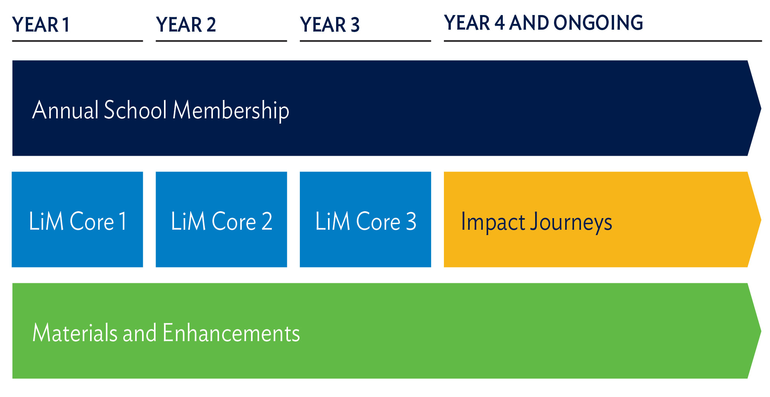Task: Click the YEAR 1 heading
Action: (41, 25)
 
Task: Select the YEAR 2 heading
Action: (186, 25)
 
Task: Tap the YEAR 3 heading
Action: (330, 25)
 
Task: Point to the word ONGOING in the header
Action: (598, 23)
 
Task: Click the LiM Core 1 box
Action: (77, 219)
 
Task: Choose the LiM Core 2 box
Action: (221, 219)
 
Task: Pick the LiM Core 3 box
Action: (365, 219)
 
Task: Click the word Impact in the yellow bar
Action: (493, 223)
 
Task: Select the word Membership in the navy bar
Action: (231, 111)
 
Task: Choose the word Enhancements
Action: (231, 333)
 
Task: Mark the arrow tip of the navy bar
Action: (761, 108)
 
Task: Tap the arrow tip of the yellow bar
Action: (761, 220)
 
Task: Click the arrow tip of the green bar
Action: (761, 331)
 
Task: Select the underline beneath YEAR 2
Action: (221, 41)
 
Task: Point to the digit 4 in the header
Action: (500, 23)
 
